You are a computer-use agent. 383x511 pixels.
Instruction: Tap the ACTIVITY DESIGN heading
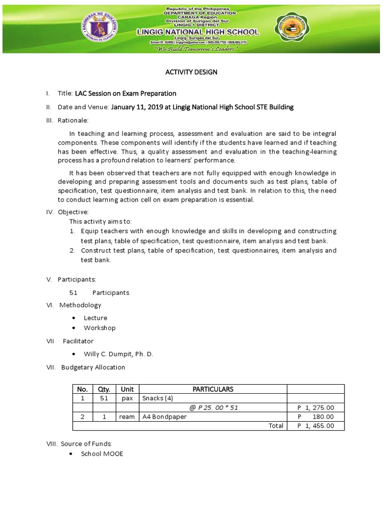(x=191, y=72)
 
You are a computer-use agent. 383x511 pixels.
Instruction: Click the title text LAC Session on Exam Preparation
(x=125, y=93)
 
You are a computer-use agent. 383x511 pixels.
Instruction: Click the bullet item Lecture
(x=95, y=318)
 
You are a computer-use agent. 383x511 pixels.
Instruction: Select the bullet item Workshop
(x=99, y=328)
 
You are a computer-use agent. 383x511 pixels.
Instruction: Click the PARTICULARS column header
(x=212, y=389)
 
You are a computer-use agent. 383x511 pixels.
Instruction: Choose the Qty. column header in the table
(x=104, y=389)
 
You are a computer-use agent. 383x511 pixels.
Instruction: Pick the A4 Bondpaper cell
(x=165, y=417)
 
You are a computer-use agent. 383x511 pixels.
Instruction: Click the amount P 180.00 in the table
(x=315, y=417)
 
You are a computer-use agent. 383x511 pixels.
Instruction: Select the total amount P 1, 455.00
(x=315, y=426)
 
